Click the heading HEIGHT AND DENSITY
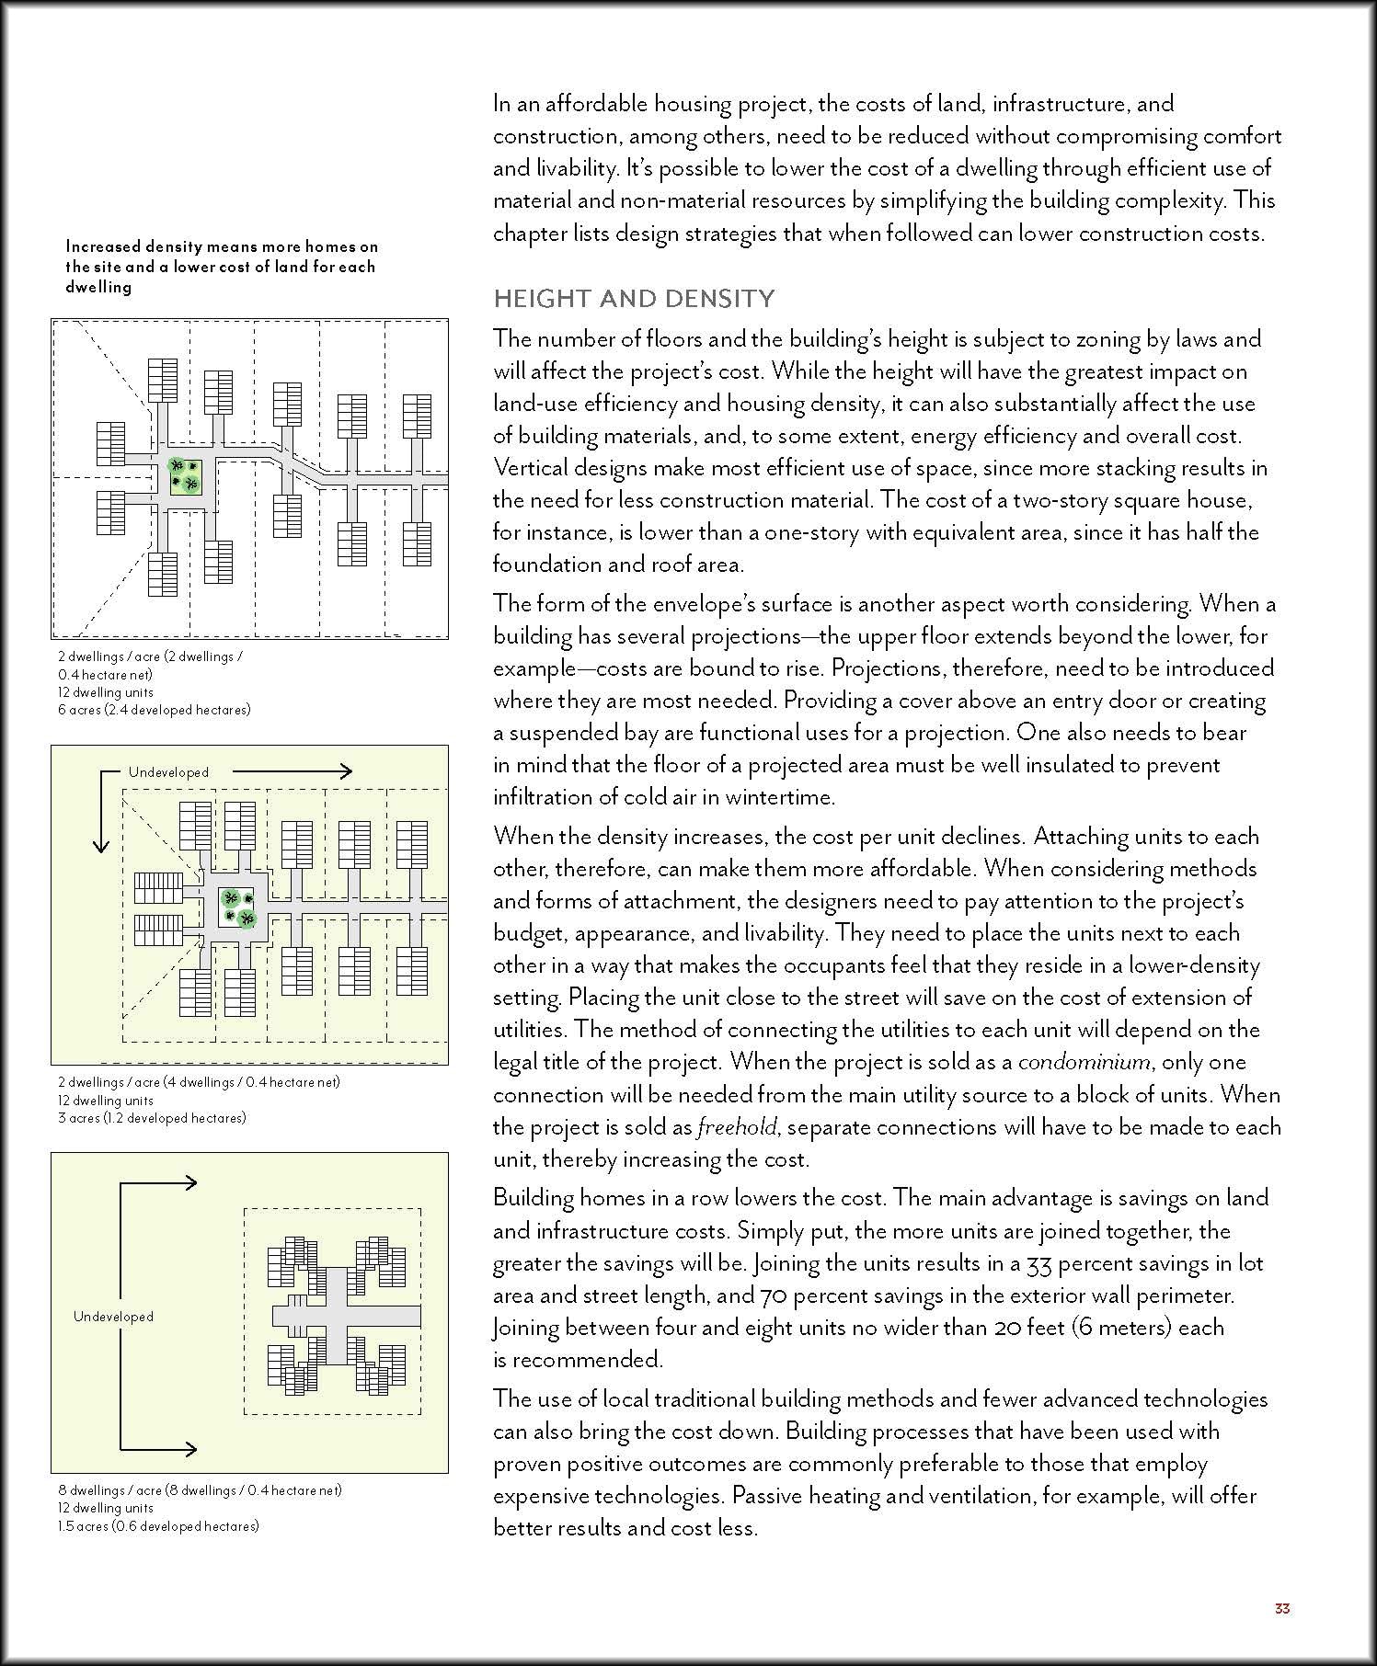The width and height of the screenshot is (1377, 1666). click(x=634, y=299)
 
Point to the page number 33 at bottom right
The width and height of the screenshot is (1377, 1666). click(x=1282, y=1608)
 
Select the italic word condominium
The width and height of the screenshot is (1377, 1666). click(x=1084, y=1062)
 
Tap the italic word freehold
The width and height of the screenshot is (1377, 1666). click(x=737, y=1127)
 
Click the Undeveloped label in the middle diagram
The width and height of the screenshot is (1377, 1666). click(x=168, y=772)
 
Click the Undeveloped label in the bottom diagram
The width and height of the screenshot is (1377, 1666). click(x=113, y=1317)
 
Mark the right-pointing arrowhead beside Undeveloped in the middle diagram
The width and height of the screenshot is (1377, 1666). click(x=344, y=771)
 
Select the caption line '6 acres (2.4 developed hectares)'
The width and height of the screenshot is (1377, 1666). click(x=154, y=710)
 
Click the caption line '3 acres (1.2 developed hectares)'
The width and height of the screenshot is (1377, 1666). click(x=152, y=1118)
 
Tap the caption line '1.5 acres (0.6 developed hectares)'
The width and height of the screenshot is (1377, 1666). click(x=158, y=1526)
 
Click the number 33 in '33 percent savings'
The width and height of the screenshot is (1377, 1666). click(x=1038, y=1263)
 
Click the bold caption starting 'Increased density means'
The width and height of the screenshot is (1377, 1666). click(x=221, y=267)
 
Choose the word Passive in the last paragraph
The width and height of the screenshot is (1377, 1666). click(x=770, y=1496)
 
